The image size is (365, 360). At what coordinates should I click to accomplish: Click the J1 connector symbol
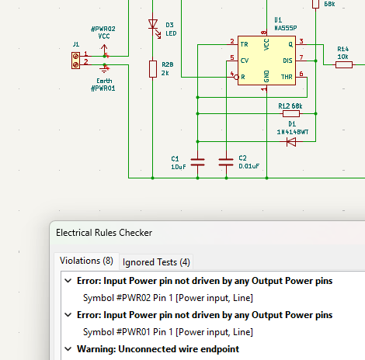(75, 61)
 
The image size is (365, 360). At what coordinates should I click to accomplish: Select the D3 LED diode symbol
(153, 24)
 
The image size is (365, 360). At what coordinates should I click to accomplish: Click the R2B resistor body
(153, 69)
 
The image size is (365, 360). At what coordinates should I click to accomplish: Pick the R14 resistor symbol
(344, 64)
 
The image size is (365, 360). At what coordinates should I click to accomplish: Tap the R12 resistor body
(291, 113)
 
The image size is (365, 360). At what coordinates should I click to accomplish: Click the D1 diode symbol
(291, 142)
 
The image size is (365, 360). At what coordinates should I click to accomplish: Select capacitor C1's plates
(197, 162)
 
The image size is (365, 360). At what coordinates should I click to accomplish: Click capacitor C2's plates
(226, 162)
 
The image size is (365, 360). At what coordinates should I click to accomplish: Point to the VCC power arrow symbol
(104, 50)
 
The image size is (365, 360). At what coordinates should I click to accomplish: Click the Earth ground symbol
(104, 68)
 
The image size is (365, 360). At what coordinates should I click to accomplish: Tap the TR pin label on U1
(244, 44)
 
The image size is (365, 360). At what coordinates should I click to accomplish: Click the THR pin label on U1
(287, 77)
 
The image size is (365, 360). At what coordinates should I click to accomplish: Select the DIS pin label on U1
(287, 61)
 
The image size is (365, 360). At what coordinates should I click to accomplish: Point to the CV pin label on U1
(245, 61)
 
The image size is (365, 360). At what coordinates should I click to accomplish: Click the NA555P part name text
(286, 28)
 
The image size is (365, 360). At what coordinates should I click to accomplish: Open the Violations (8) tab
(86, 261)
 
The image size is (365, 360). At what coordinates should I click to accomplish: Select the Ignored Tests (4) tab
(156, 262)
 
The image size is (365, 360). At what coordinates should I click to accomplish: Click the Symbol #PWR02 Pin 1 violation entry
(168, 298)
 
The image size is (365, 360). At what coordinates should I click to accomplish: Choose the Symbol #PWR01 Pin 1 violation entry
(168, 332)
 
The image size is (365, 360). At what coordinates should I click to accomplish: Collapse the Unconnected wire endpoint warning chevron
(68, 349)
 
